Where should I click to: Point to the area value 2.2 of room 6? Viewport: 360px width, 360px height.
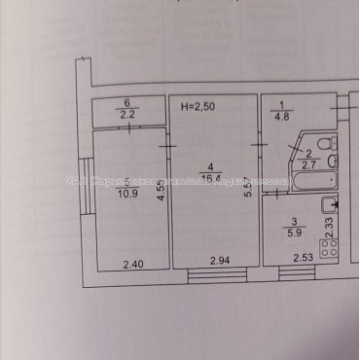click(126, 114)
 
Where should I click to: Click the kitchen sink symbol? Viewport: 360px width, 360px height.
click(330, 205)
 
